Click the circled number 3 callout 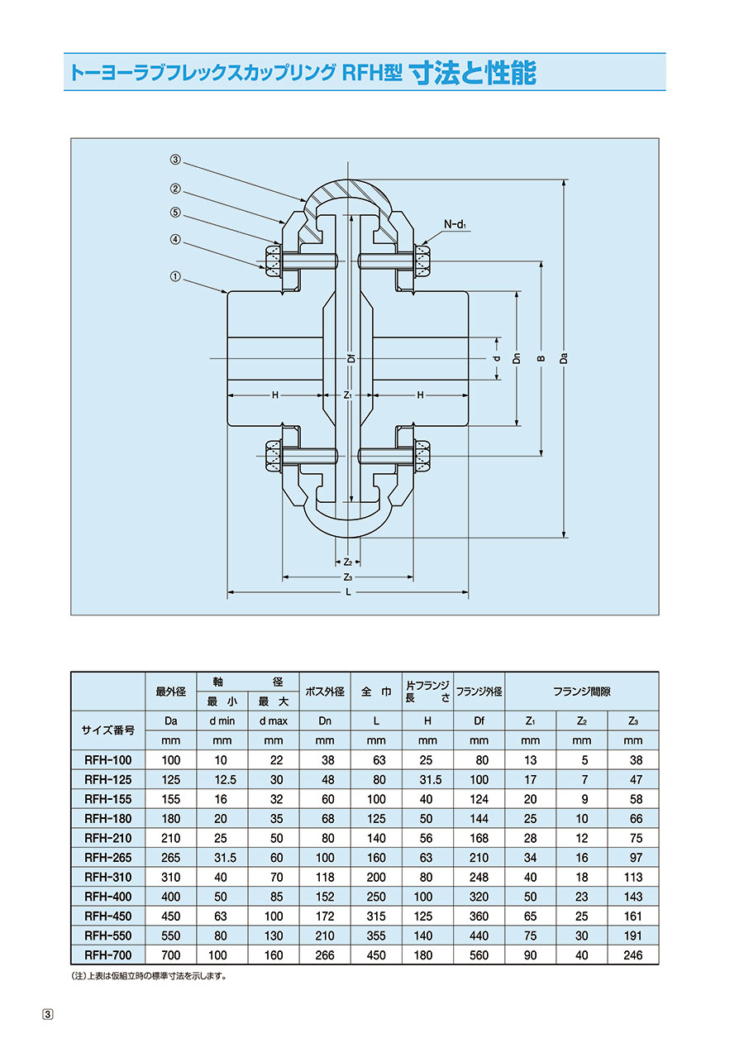click(175, 160)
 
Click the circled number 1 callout click(175, 276)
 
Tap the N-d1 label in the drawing click(455, 224)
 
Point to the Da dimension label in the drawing click(564, 358)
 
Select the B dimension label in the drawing click(541, 358)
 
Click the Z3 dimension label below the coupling click(347, 577)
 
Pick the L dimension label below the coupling click(348, 592)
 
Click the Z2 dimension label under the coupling click(347, 562)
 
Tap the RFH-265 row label click(108, 858)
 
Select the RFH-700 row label click(108, 955)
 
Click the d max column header click(274, 720)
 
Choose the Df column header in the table click(479, 720)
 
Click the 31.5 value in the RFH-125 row click(430, 779)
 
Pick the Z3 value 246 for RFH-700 click(632, 955)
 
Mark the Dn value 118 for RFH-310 click(325, 877)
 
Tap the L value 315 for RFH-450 click(376, 916)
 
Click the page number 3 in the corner click(49, 1014)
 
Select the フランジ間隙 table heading click(581, 692)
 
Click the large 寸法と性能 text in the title click(473, 73)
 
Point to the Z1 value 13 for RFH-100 click(530, 760)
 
